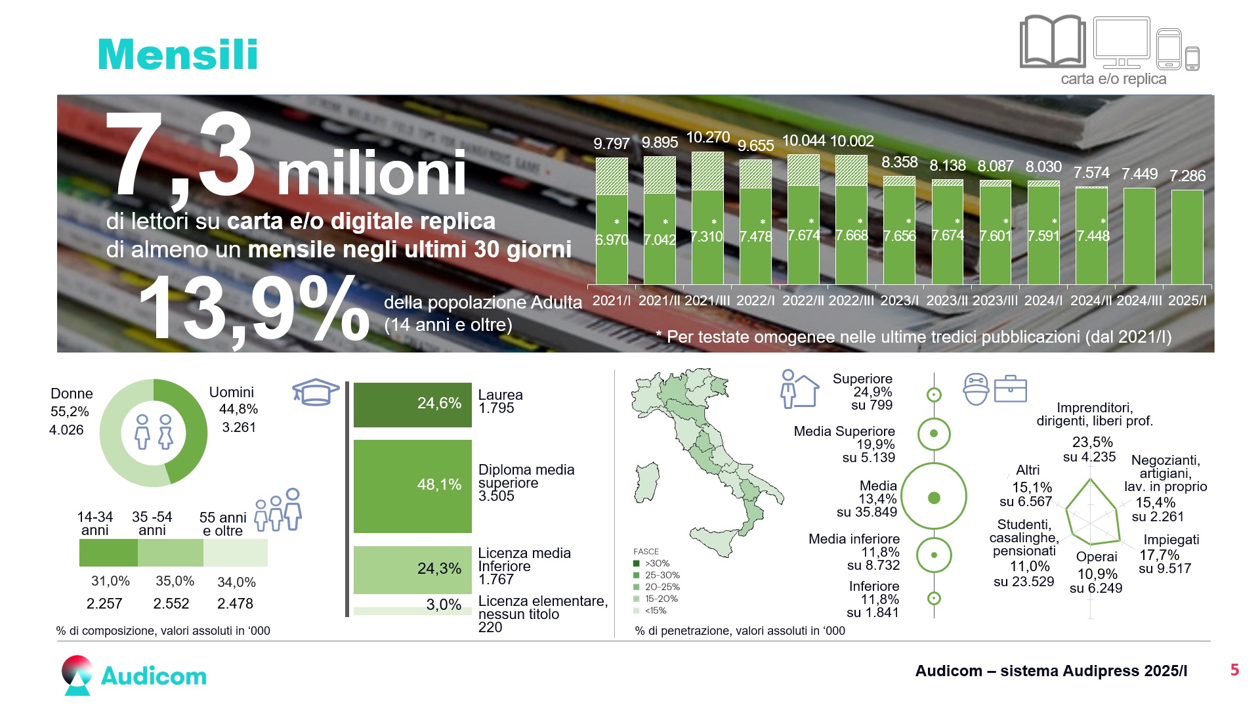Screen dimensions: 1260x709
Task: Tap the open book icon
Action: tap(1053, 41)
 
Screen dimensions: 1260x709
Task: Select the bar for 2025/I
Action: tap(1187, 237)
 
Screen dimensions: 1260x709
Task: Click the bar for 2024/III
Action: tap(1139, 236)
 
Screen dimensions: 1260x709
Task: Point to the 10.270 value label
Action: tap(707, 137)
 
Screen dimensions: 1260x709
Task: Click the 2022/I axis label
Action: tap(755, 301)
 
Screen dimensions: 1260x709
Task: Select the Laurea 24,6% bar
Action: tap(413, 404)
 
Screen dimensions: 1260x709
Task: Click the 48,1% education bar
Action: tap(413, 486)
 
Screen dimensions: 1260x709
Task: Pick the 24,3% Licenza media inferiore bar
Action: tap(413, 570)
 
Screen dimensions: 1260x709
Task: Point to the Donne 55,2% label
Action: tap(70, 402)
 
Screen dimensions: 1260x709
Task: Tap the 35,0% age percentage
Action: tap(175, 581)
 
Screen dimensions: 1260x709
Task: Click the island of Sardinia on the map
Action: tap(647, 483)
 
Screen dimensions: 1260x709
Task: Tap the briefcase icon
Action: tap(1010, 389)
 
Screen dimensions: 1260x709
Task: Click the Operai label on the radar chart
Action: tap(1097, 557)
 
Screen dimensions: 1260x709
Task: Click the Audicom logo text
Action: tap(154, 676)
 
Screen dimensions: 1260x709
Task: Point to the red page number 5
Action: tap(1234, 670)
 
